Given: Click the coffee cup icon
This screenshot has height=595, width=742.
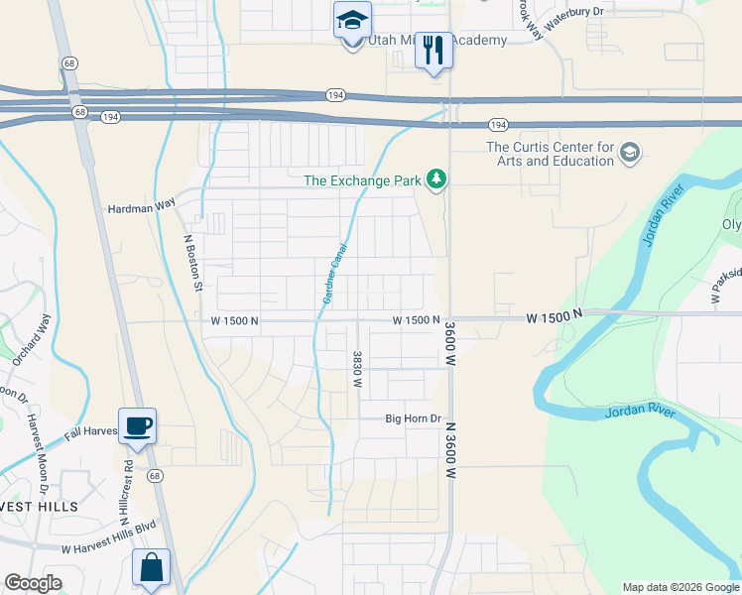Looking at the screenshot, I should point(137,425).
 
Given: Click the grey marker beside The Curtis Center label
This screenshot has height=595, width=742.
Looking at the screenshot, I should point(630,154).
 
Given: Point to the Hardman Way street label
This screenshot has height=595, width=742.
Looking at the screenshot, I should point(141,204).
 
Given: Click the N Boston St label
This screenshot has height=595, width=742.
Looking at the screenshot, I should point(193,263).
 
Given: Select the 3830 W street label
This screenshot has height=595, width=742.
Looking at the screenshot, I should point(356,368).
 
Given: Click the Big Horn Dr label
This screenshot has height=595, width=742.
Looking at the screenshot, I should point(413,418).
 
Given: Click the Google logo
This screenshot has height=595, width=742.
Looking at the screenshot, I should point(33,583).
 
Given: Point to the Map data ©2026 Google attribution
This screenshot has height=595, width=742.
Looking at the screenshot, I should point(680,587).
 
